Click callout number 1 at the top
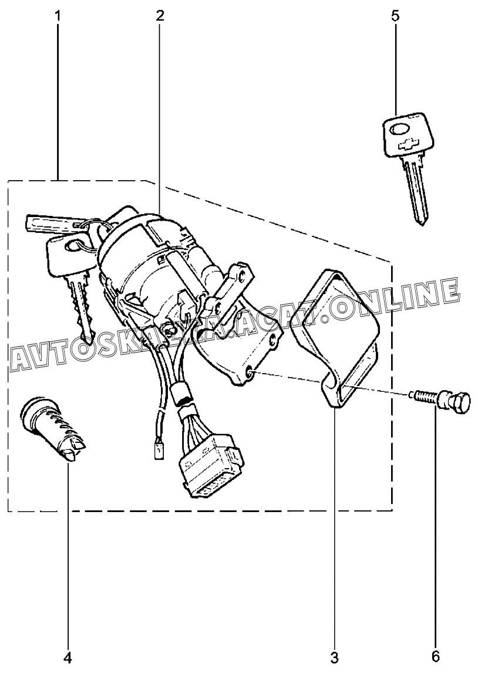[58, 16]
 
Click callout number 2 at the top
[160, 16]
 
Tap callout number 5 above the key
[395, 16]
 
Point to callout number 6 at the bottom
[435, 657]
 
